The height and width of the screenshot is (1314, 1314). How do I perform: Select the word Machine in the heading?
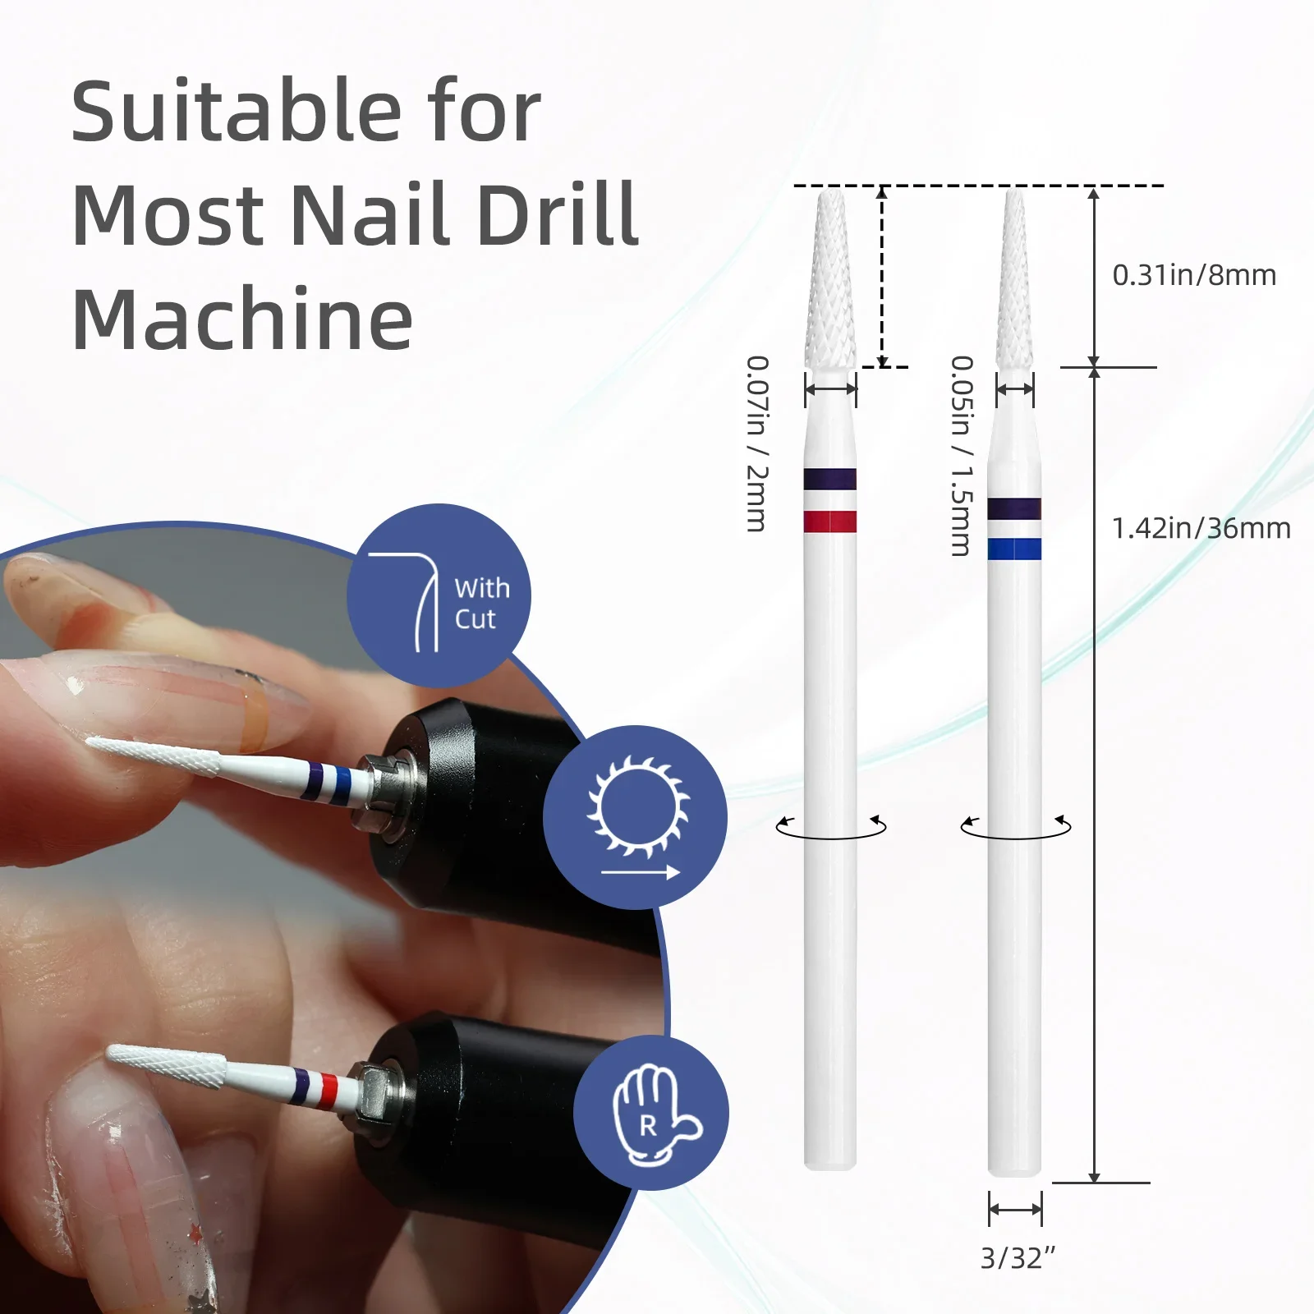tap(242, 319)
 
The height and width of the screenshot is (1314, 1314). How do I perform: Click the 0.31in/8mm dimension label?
tap(1194, 275)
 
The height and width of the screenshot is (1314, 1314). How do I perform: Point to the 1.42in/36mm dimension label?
tap(1201, 528)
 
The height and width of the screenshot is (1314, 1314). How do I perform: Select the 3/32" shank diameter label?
tap(1018, 1257)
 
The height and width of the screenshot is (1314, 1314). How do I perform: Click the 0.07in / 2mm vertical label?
tap(757, 443)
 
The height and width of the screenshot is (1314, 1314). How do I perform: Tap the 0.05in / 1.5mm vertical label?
tap(962, 456)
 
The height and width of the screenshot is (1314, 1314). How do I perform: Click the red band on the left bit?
tap(830, 521)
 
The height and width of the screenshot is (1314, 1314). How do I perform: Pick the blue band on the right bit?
tap(1014, 549)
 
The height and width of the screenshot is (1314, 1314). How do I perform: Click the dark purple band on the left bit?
tap(830, 479)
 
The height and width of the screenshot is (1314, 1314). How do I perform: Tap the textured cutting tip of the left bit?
tap(831, 278)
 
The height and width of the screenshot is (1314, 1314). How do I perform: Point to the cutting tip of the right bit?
tap(1015, 278)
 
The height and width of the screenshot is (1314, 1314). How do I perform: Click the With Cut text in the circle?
tap(482, 604)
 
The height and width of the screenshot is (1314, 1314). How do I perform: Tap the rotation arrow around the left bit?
tap(831, 836)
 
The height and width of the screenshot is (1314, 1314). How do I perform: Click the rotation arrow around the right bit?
tap(1016, 836)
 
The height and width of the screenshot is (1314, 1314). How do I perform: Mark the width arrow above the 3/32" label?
tap(1015, 1209)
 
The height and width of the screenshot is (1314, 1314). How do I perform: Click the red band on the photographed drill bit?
tap(328, 1091)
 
